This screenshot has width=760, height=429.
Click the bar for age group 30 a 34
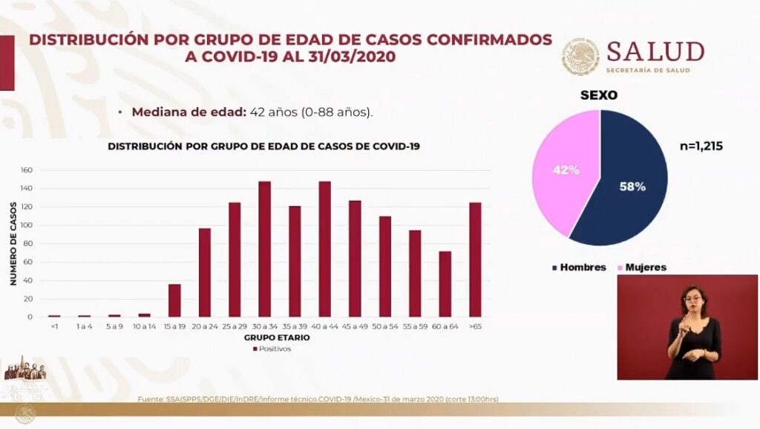264,249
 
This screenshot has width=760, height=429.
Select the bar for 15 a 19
174,300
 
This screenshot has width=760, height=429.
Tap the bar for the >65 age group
475,259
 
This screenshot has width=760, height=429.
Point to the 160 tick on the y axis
27,170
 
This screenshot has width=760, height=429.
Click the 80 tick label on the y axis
28,244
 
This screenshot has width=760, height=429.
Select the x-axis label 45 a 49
355,326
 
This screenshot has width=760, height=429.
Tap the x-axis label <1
54,326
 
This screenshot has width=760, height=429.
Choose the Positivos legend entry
272,349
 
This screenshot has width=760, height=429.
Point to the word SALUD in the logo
655,51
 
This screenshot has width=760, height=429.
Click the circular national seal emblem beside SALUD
580,57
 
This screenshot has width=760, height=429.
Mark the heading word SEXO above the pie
600,95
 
